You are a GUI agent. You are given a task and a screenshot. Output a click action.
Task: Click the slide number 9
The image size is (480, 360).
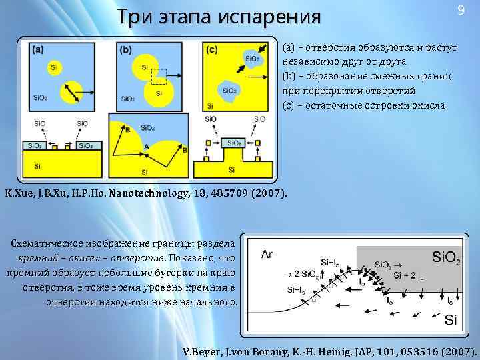(460, 11)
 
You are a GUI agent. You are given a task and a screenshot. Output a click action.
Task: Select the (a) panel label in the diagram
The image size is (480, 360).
(37, 49)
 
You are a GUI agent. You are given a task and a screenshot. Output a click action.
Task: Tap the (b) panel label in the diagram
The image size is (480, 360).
(125, 49)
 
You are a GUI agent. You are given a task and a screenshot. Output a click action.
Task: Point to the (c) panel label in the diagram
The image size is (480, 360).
(212, 49)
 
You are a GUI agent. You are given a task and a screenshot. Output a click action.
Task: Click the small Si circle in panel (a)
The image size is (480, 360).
(52, 67)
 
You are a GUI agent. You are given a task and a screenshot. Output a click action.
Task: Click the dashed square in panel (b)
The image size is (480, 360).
(159, 78)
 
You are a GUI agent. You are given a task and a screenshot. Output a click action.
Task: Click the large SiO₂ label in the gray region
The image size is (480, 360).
(446, 257)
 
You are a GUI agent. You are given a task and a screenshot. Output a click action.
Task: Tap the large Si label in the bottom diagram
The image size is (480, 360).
(451, 321)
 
